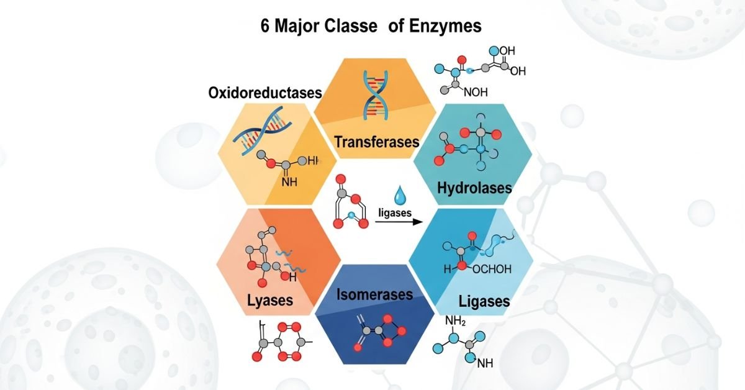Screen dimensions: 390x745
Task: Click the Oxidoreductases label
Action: pyautogui.click(x=265, y=94)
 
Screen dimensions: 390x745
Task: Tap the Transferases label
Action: pyautogui.click(x=377, y=142)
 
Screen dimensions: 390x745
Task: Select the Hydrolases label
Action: pyautogui.click(x=474, y=187)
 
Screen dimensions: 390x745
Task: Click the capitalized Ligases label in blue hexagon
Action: pyautogui.click(x=484, y=302)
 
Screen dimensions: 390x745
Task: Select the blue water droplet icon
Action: pyautogui.click(x=398, y=196)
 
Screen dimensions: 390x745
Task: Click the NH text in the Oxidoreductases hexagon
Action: pyautogui.click(x=289, y=183)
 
